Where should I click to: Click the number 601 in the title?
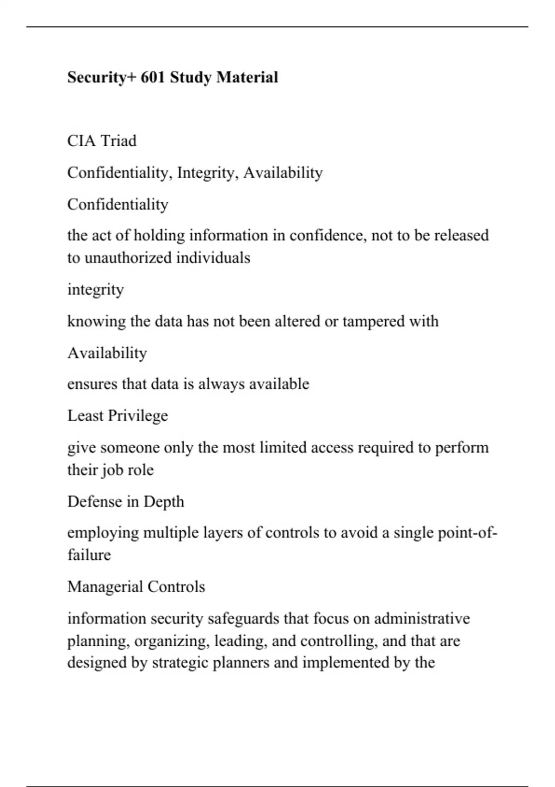tap(153, 77)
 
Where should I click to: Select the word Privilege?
tap(137, 416)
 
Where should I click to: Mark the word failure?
tap(89, 555)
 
